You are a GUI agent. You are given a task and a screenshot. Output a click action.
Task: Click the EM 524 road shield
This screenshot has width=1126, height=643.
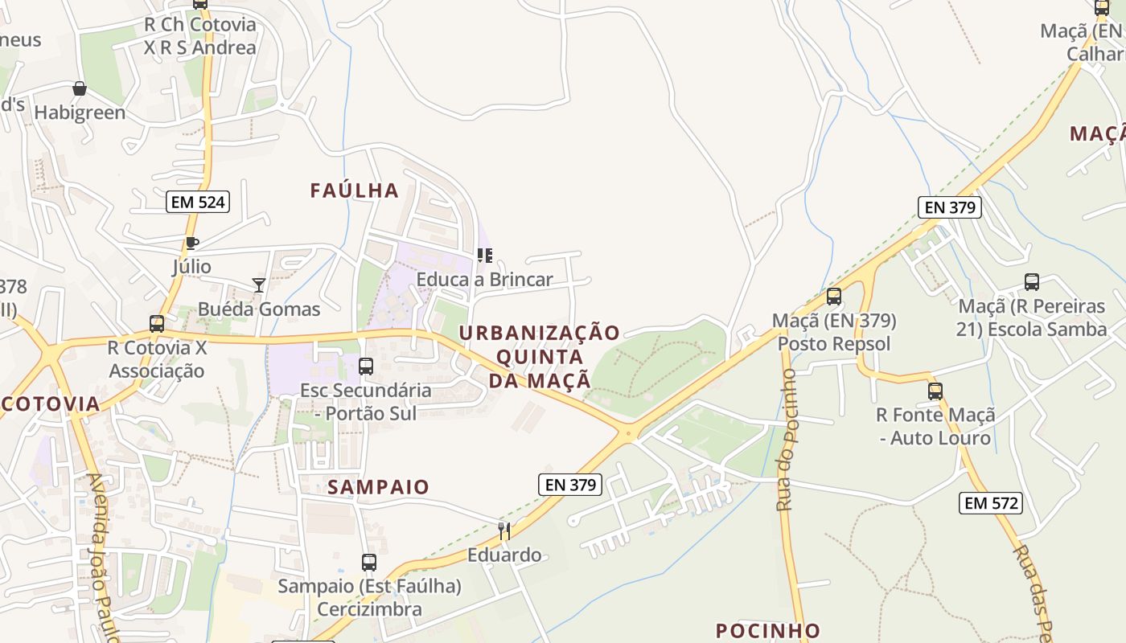click(198, 202)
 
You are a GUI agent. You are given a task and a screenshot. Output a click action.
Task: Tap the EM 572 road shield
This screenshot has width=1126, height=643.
click(991, 503)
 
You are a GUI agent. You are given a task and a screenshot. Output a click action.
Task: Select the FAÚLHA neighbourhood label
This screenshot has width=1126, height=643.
click(355, 190)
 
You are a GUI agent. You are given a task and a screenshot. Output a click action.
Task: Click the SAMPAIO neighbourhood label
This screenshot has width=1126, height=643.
click(378, 486)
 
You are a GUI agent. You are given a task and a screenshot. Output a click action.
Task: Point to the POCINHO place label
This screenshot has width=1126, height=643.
click(767, 630)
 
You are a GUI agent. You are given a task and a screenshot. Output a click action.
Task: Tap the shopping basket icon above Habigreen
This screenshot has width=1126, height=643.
click(79, 88)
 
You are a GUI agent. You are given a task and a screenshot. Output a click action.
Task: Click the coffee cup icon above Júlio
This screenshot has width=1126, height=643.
click(191, 243)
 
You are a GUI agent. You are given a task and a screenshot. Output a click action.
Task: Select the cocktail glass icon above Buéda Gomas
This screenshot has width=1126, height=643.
click(258, 285)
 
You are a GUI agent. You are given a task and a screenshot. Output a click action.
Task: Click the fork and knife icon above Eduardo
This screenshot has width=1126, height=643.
click(503, 530)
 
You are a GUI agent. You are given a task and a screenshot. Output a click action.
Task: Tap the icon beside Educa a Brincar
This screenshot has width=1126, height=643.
click(484, 256)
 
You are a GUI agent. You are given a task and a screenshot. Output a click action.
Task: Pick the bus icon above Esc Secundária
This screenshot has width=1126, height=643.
click(366, 367)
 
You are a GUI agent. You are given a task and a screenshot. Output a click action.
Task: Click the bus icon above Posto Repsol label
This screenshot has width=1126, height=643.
click(834, 297)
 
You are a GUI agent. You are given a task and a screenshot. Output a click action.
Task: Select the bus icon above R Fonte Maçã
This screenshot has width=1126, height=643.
click(935, 391)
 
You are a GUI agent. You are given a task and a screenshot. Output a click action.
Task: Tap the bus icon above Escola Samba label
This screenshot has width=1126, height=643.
click(1032, 282)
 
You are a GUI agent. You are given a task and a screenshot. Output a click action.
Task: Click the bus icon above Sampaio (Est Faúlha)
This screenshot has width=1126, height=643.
click(369, 563)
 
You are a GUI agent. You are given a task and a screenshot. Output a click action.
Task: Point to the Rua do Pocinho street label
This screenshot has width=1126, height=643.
click(786, 440)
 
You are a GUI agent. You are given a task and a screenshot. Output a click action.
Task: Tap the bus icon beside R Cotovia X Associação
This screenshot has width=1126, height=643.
click(157, 324)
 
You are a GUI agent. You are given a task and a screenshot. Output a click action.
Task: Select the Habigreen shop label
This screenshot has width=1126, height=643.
click(80, 113)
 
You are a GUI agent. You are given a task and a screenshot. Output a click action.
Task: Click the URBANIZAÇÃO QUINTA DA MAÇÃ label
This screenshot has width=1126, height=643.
click(540, 356)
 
